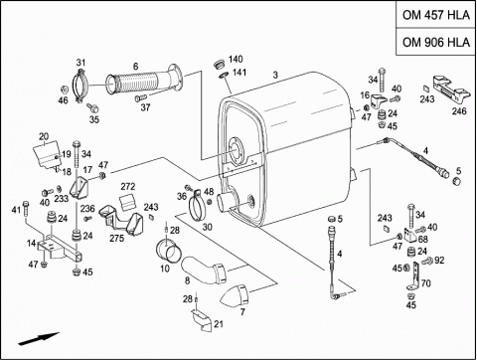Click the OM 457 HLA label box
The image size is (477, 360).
pos(436,15)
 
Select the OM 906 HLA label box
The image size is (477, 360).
pos(436,42)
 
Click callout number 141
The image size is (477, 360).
pos(239,73)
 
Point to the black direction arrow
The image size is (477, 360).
pos(39,339)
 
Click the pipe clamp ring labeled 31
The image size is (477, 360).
pos(81,86)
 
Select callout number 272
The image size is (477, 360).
pos(128,187)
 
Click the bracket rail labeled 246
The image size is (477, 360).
pos(451,90)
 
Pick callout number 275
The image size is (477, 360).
pos(116,238)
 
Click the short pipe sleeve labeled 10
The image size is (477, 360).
pos(169,252)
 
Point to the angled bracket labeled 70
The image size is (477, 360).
pos(414,276)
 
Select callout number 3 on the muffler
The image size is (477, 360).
pos(275,75)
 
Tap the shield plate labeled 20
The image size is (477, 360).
pos(47,154)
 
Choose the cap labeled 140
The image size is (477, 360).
pos(218,64)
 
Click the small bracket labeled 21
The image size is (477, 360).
pos(202,320)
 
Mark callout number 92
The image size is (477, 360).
pos(439,261)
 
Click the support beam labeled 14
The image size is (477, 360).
pos(60,251)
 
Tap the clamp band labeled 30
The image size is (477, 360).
pos(198,206)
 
